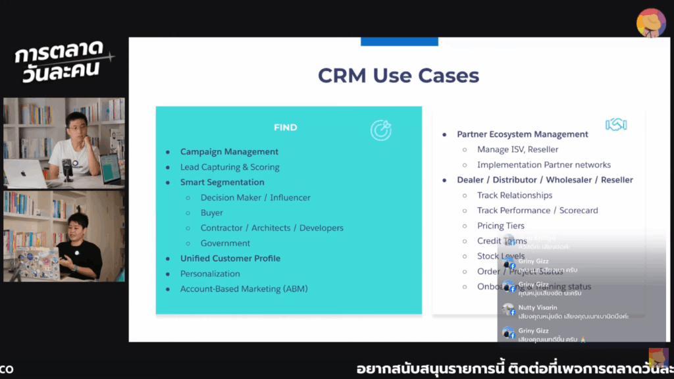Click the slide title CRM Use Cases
pyautogui.click(x=398, y=76)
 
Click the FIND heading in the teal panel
pyautogui.click(x=286, y=128)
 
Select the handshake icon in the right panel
pyautogui.click(x=615, y=124)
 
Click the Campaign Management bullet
pyautogui.click(x=229, y=152)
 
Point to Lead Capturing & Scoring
pyautogui.click(x=230, y=167)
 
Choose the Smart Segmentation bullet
pyautogui.click(x=222, y=182)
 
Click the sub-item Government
pyautogui.click(x=225, y=243)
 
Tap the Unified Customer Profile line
pyautogui.click(x=230, y=259)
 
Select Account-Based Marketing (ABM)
pyautogui.click(x=244, y=289)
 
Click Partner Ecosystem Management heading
pyautogui.click(x=522, y=134)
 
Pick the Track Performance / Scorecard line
pyautogui.click(x=537, y=211)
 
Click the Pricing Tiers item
pyautogui.click(x=500, y=226)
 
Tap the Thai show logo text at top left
pyautogui.click(x=61, y=61)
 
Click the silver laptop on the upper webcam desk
pyautogui.click(x=24, y=174)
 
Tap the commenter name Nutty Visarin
pyautogui.click(x=537, y=307)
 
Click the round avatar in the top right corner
pyautogui.click(x=651, y=23)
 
